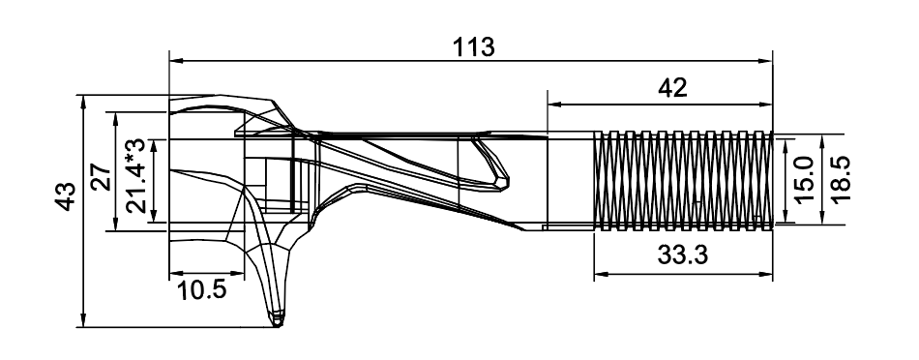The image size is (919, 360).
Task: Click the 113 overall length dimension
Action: click(474, 46)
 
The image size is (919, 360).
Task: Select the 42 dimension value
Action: click(672, 88)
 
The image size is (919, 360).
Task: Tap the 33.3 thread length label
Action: click(683, 255)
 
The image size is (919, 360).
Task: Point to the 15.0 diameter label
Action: click(806, 179)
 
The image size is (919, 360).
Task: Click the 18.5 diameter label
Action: click(840, 179)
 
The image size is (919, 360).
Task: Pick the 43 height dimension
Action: click(66, 196)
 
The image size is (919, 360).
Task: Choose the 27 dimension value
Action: click(101, 176)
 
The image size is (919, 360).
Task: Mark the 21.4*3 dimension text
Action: click(135, 175)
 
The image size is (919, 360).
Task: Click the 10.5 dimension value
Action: click(201, 290)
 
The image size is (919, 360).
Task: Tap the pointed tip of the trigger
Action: click(277, 323)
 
